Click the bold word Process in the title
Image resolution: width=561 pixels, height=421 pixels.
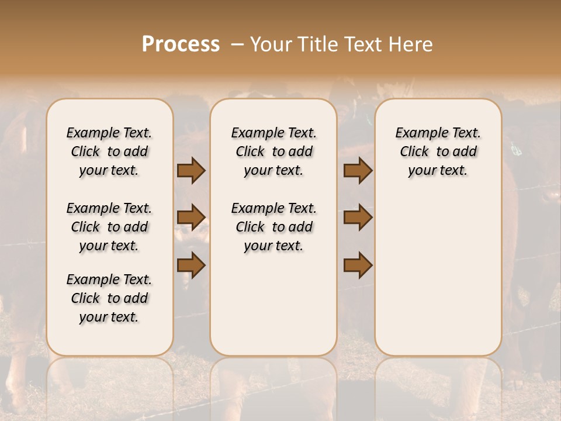tap(181, 44)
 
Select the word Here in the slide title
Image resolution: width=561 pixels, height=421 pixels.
tap(410, 44)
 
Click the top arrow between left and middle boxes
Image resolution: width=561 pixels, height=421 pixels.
tap(191, 170)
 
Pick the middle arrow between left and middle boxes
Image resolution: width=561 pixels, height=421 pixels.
tap(191, 218)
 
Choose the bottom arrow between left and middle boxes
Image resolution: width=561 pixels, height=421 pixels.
tap(191, 265)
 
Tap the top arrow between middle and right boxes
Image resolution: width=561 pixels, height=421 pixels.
tap(358, 170)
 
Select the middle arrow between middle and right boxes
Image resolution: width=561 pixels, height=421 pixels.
tap(358, 218)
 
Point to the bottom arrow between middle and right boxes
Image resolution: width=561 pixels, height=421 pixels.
tap(358, 265)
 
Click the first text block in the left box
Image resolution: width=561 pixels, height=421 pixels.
tap(109, 151)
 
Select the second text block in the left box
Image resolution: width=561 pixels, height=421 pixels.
tap(109, 227)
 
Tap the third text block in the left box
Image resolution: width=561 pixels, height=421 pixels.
tap(109, 298)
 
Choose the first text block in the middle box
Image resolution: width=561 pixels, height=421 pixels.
tap(273, 151)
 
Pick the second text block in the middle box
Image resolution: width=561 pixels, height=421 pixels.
tap(273, 227)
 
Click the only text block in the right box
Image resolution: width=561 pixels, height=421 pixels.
tap(438, 151)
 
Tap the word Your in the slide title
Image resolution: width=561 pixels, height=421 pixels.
tap(269, 44)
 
